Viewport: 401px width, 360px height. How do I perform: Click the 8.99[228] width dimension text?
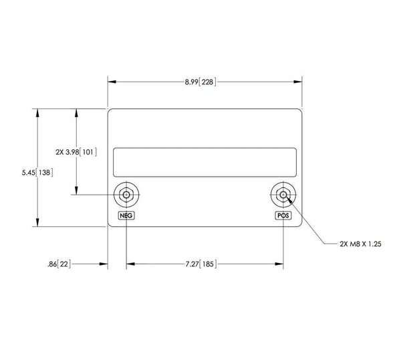[x=200, y=82]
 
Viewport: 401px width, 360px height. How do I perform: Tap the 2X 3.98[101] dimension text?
[x=77, y=152]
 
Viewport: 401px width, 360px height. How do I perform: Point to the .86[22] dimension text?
[x=58, y=264]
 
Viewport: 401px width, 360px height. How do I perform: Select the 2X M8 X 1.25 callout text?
[x=361, y=245]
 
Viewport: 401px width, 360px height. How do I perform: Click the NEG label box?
[x=126, y=215]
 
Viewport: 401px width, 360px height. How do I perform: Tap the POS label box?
[x=284, y=215]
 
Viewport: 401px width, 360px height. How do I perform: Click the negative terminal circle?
[x=126, y=195]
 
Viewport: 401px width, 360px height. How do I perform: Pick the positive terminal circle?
[x=284, y=195]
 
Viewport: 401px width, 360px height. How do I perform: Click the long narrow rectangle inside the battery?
[x=205, y=162]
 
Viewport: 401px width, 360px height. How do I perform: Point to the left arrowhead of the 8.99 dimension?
[x=112, y=82]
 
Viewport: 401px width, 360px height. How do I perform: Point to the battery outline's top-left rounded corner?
[x=110, y=110]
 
